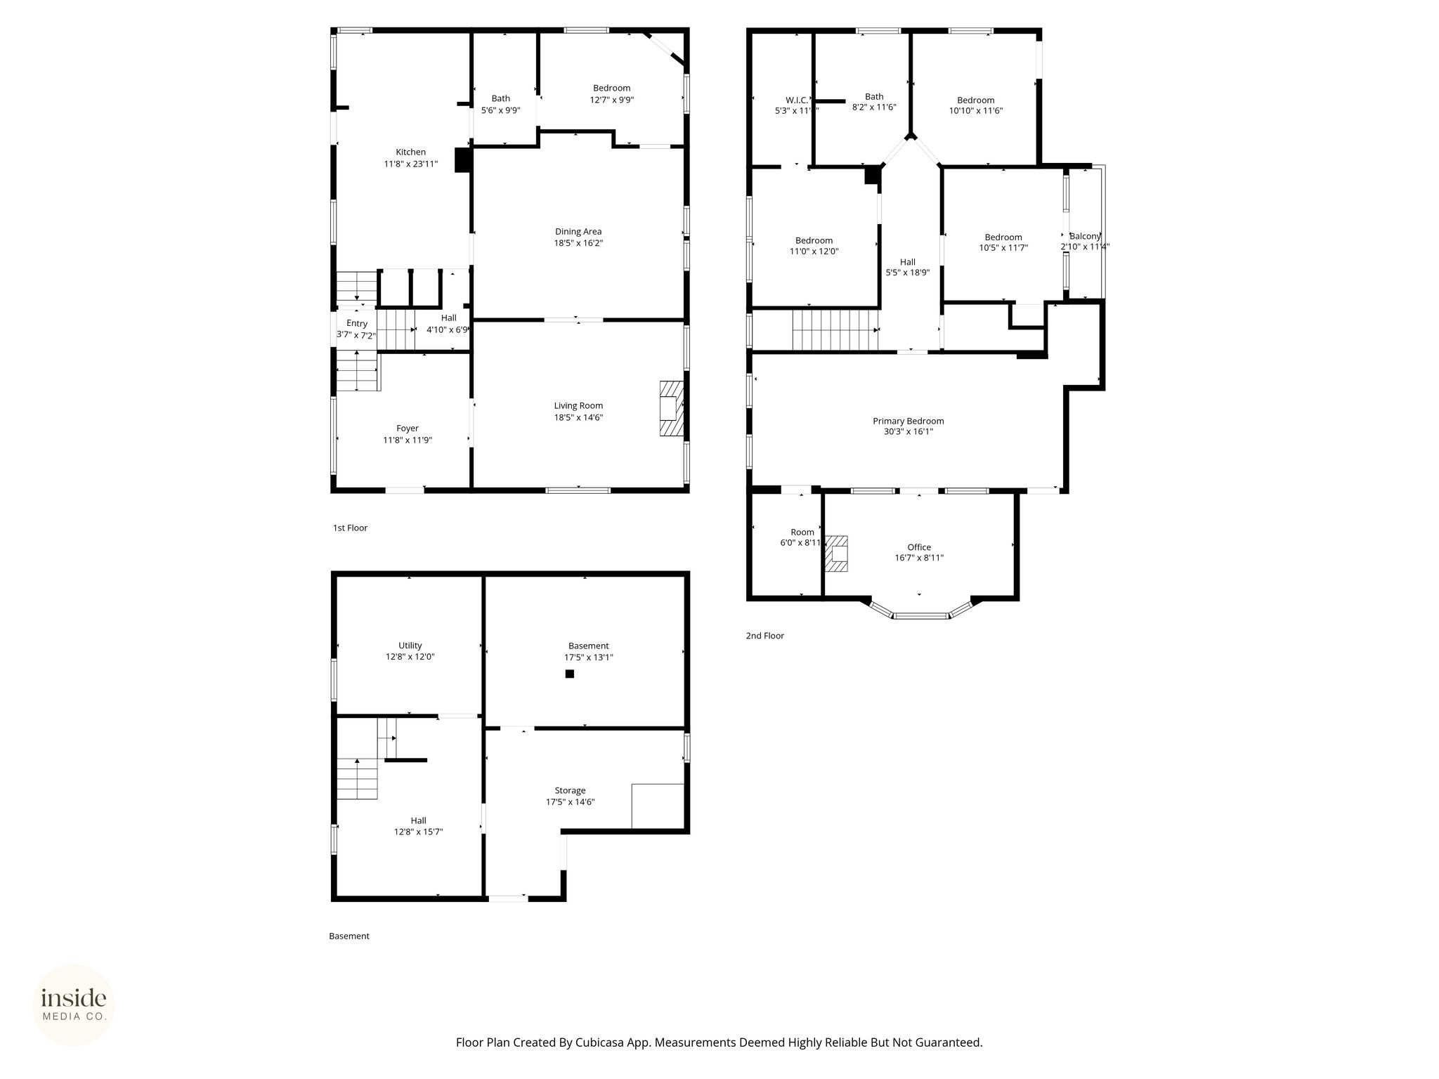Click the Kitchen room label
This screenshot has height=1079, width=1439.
tap(410, 152)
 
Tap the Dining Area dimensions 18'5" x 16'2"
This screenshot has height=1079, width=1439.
tap(578, 243)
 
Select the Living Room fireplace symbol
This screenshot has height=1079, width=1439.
tap(671, 409)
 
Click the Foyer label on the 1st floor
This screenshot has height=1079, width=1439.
tap(408, 429)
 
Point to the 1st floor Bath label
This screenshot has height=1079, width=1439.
tap(501, 99)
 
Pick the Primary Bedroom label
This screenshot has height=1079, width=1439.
tap(909, 421)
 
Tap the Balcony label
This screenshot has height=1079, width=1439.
tap(1085, 236)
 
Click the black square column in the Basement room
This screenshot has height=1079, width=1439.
tap(570, 674)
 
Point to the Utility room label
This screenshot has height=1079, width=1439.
tap(410, 646)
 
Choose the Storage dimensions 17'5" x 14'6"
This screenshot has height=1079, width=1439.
tap(571, 802)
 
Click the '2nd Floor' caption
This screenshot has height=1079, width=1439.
tap(765, 636)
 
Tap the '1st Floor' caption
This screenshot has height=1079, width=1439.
tap(350, 528)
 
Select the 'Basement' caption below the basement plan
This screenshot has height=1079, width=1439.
tap(349, 936)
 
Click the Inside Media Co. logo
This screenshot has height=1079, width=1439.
tap(74, 1005)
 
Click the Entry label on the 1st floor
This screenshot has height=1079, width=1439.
tap(357, 324)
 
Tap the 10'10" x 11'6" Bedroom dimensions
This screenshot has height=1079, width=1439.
tap(976, 111)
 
